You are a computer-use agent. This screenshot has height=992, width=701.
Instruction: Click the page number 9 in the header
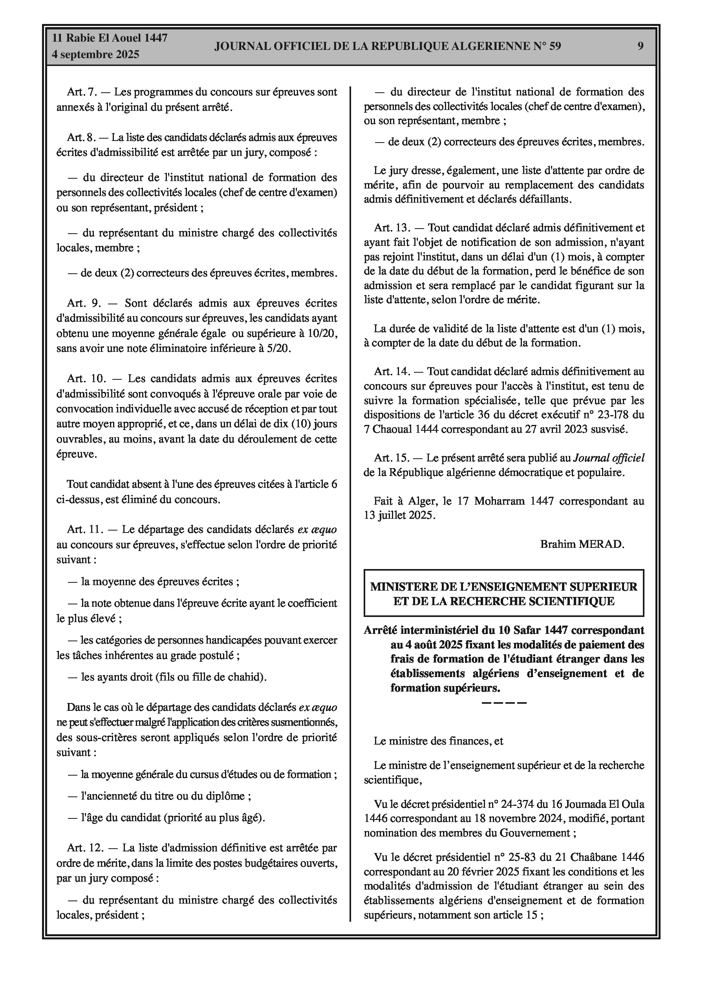tap(641, 46)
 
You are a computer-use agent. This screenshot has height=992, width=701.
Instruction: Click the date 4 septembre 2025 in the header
tap(95, 55)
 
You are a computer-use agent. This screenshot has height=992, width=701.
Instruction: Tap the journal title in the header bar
tap(388, 46)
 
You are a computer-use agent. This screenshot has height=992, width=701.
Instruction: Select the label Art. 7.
tap(81, 92)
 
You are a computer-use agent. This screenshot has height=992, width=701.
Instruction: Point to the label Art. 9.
tap(84, 303)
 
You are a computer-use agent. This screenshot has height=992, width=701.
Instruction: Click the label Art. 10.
tap(86, 379)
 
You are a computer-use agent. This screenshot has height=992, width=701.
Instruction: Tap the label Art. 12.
tap(86, 848)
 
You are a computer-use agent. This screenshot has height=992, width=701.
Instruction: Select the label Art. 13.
tap(392, 228)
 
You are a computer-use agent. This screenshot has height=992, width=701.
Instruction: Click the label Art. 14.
tap(392, 371)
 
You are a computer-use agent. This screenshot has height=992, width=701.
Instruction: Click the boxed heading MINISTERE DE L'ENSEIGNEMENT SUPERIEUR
tap(503, 587)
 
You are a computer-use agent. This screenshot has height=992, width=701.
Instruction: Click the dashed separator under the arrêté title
tap(503, 703)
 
